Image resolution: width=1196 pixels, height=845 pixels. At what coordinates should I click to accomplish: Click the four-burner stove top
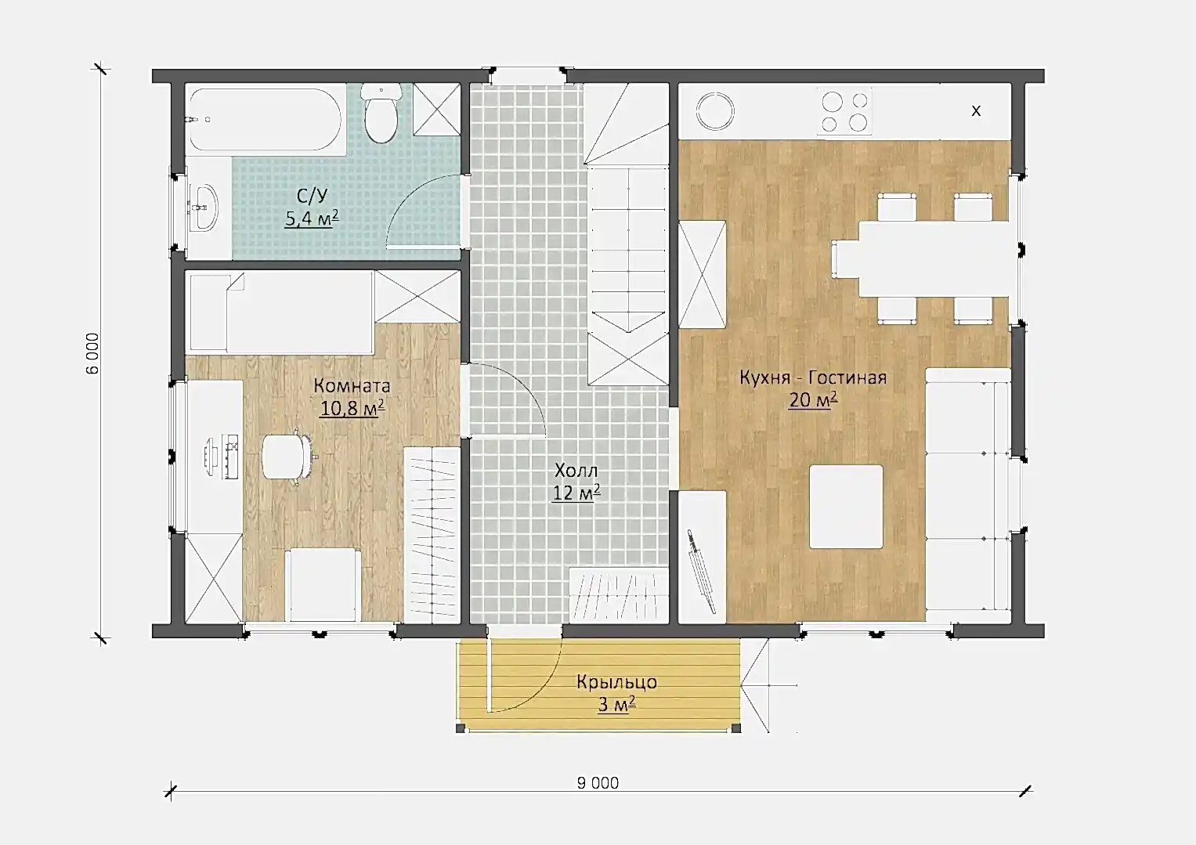click(844, 111)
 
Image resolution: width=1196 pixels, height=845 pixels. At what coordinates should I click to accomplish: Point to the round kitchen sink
click(715, 111)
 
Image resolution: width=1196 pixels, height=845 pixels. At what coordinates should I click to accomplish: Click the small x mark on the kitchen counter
click(975, 111)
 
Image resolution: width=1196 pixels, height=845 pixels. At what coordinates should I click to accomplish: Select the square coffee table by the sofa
click(846, 507)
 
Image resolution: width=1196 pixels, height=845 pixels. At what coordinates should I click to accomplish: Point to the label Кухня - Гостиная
click(813, 377)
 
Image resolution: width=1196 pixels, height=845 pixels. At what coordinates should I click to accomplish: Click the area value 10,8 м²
click(352, 408)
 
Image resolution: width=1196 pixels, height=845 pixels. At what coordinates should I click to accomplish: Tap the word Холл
click(576, 471)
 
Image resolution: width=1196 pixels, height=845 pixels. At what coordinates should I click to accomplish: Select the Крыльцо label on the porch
click(616, 681)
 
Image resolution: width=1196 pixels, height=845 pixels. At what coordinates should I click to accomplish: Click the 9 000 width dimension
click(598, 783)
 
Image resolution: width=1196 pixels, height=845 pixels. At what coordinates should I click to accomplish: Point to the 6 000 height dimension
click(92, 353)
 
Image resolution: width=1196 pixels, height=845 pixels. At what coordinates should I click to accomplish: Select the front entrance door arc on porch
click(542, 688)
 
